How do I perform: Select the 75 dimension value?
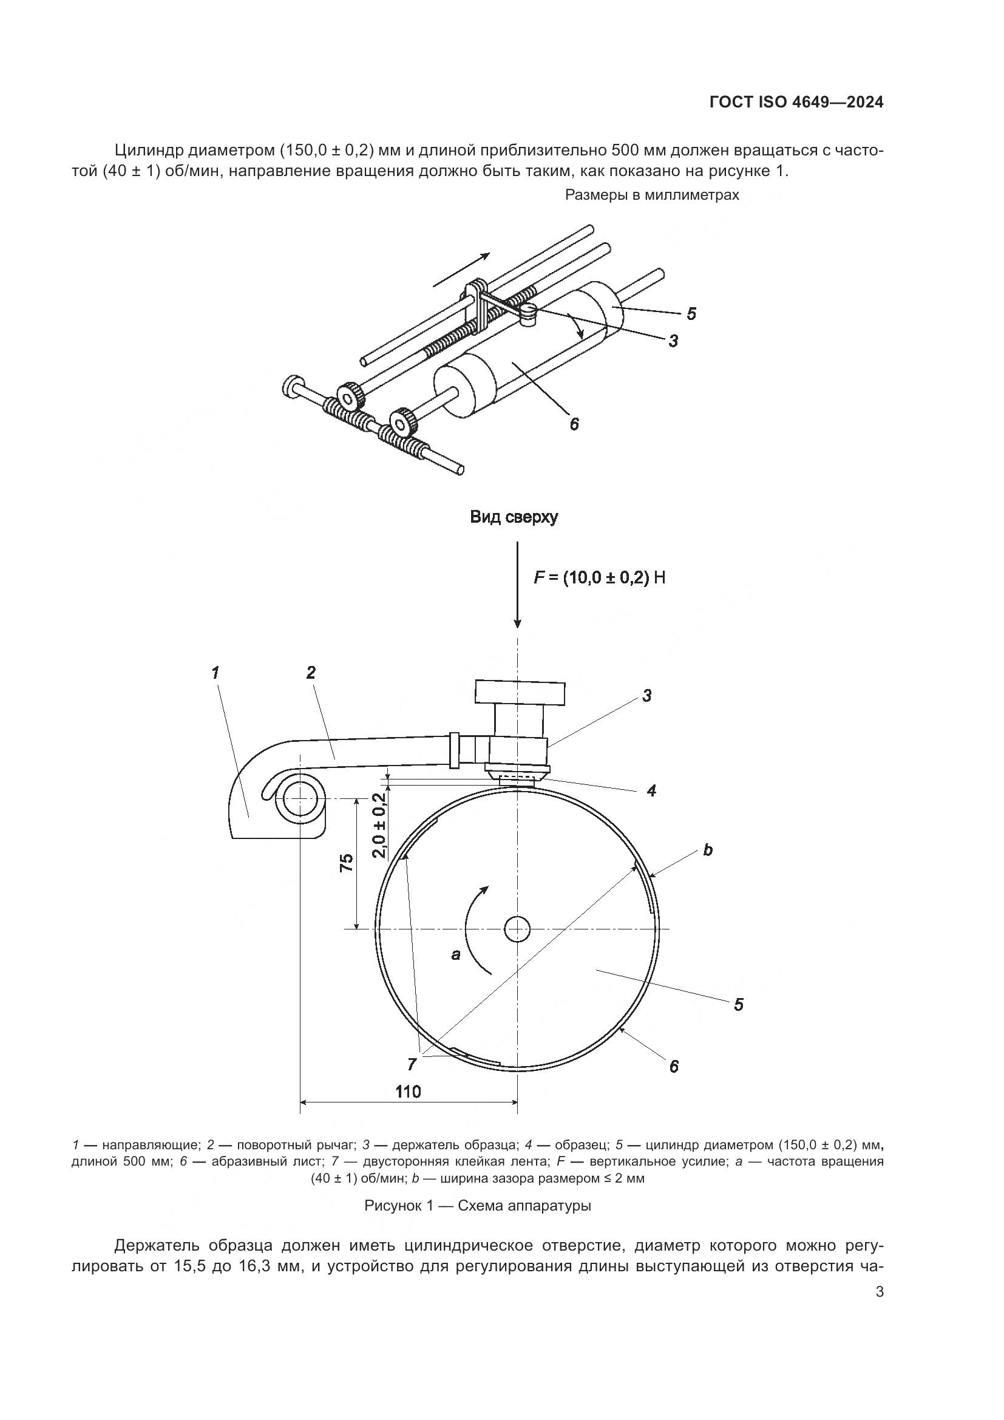tap(347, 863)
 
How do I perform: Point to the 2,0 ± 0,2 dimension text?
tap(379, 825)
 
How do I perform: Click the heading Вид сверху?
tap(513, 517)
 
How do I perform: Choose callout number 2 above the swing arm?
tap(311, 672)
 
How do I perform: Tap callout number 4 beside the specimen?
tap(651, 790)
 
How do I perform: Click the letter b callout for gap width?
tap(708, 850)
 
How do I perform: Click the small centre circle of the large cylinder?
tap(517, 928)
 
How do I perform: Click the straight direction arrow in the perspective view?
tap(461, 270)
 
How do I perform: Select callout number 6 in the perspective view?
tap(574, 424)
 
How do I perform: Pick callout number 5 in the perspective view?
tap(691, 314)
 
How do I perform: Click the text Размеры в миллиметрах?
tap(652, 195)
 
